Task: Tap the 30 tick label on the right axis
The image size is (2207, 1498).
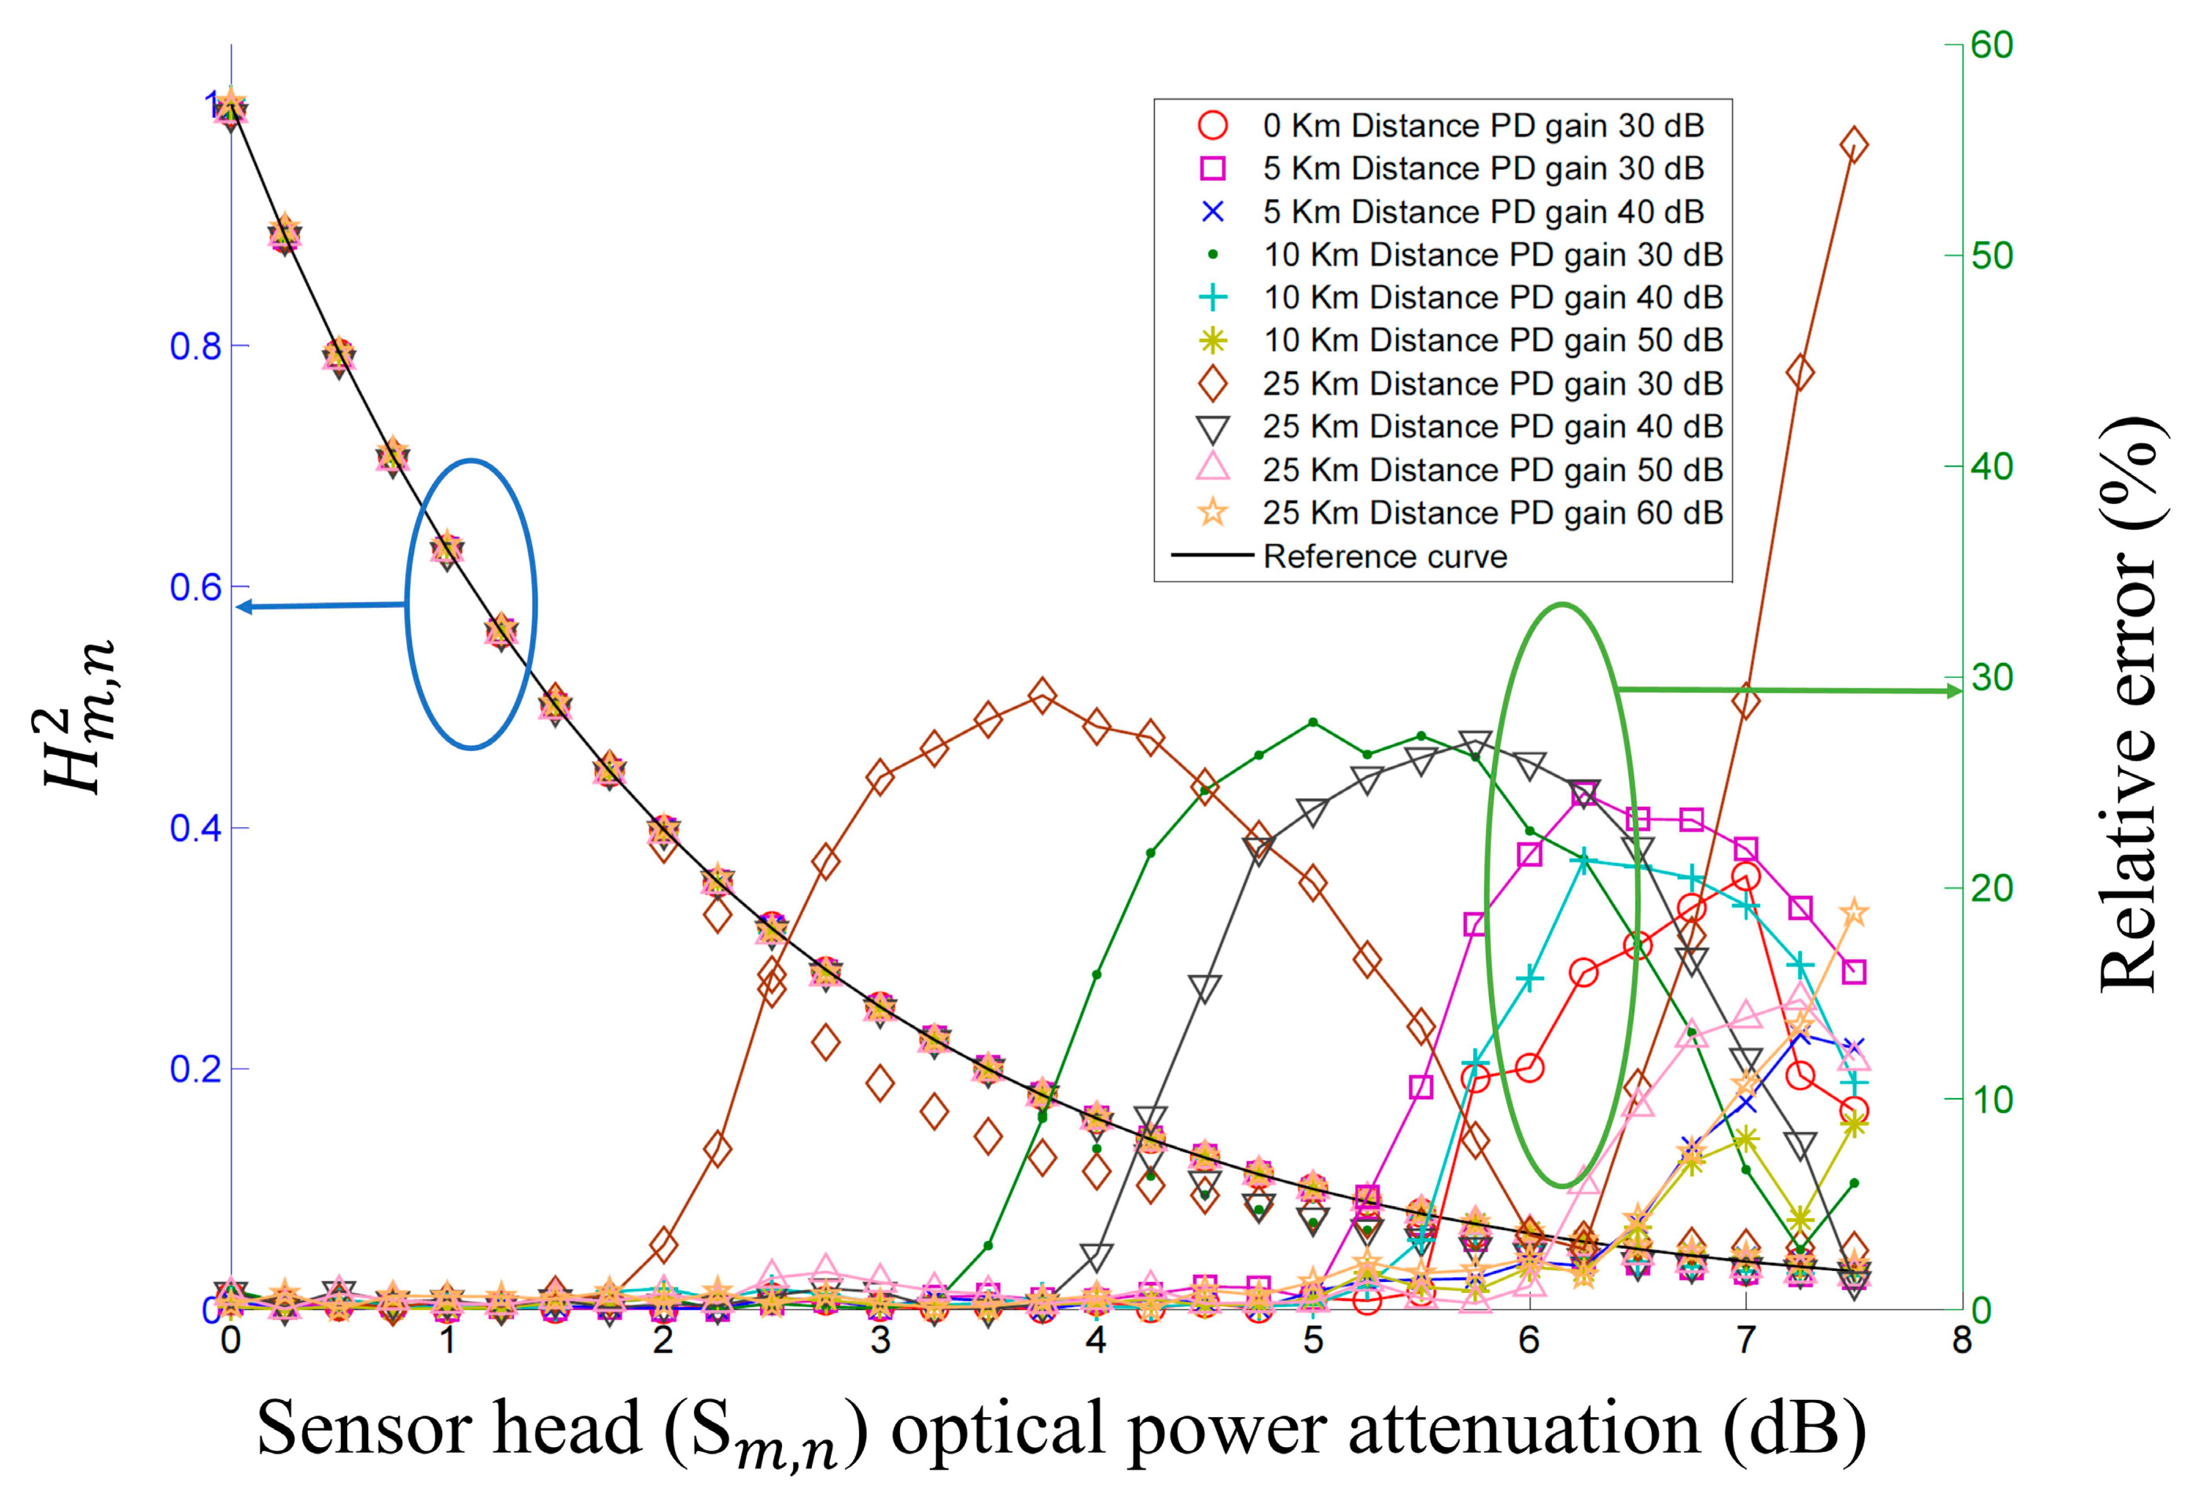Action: click(x=1991, y=677)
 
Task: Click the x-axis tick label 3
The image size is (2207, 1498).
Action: click(x=880, y=1340)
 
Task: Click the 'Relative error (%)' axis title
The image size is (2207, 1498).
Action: click(x=2130, y=703)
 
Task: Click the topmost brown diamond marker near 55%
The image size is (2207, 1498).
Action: click(x=1854, y=145)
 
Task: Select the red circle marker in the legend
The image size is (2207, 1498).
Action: click(x=1213, y=125)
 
